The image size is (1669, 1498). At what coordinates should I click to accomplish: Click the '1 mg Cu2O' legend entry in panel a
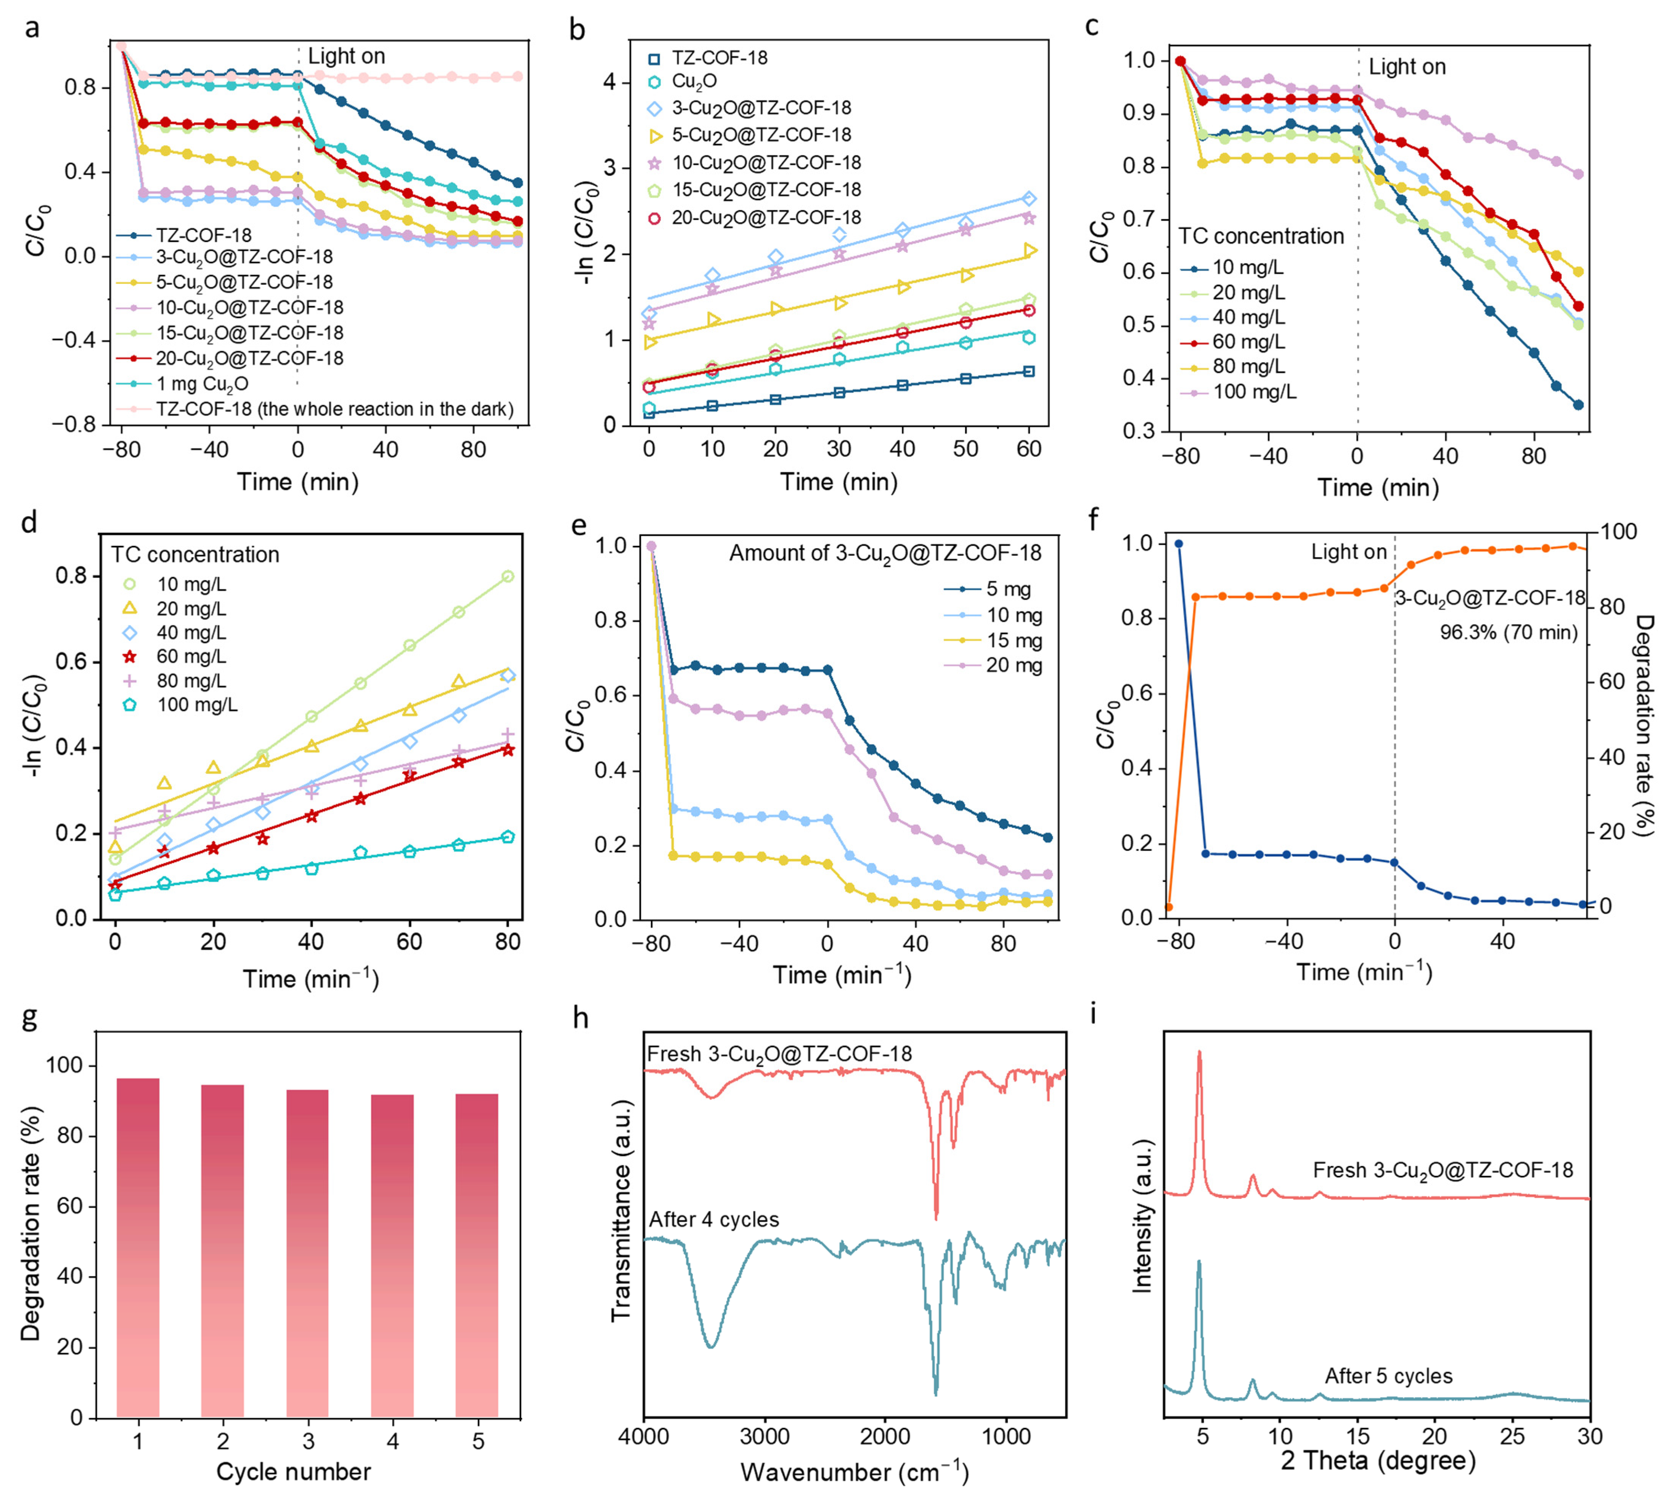click(x=202, y=383)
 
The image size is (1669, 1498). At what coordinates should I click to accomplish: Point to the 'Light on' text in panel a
click(x=346, y=56)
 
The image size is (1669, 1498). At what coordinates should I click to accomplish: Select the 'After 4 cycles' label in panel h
click(x=714, y=1219)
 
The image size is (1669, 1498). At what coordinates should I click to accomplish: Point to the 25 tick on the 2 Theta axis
click(x=1513, y=1436)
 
